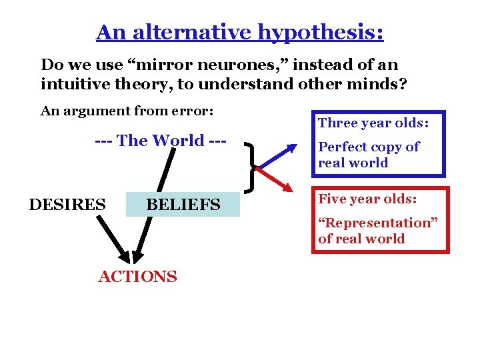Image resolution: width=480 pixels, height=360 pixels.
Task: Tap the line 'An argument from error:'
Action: point(127,111)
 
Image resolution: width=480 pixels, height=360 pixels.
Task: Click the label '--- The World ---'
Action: point(161,141)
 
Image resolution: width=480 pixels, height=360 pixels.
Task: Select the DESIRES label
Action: point(67,204)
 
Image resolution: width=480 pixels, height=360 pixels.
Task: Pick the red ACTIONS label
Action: point(138,277)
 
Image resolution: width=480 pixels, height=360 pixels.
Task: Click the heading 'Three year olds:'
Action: point(373,123)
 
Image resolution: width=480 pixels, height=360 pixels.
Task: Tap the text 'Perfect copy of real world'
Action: point(369,155)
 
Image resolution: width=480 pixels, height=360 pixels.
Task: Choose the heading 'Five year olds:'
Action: point(367,199)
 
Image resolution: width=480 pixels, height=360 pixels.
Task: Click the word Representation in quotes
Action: point(377,223)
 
